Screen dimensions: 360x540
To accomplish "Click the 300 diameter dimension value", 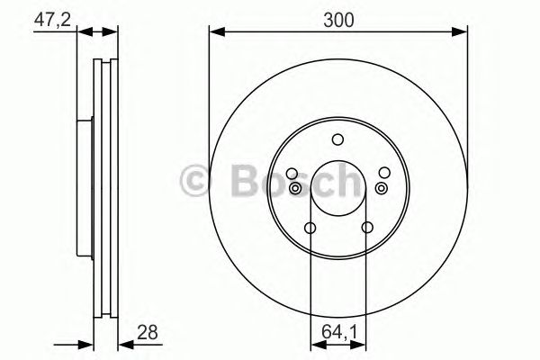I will tap(338, 17).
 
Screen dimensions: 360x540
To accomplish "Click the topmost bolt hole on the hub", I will tap(337, 139).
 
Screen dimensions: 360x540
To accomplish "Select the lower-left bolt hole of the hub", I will tap(310, 228).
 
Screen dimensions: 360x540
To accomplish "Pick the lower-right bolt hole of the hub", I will tap(366, 228).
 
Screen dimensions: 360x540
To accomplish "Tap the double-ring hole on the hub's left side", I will tap(295, 187).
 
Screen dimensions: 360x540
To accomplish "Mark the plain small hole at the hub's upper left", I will tap(291, 174).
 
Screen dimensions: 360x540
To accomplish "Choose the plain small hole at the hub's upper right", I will tap(384, 174).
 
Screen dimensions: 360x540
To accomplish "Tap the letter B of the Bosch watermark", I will tap(244, 181).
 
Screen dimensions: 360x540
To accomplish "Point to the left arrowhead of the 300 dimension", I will tap(214, 33).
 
